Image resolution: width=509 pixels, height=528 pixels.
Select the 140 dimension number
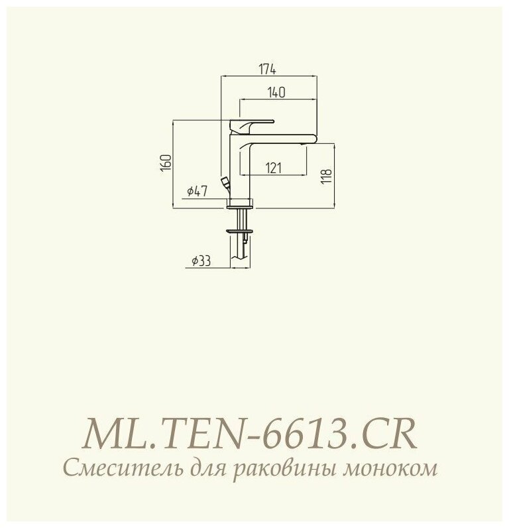[277, 94]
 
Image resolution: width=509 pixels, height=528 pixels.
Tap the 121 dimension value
[273, 168]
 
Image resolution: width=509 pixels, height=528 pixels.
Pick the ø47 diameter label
[198, 191]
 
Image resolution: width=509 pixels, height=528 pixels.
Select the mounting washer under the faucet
[240, 231]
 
